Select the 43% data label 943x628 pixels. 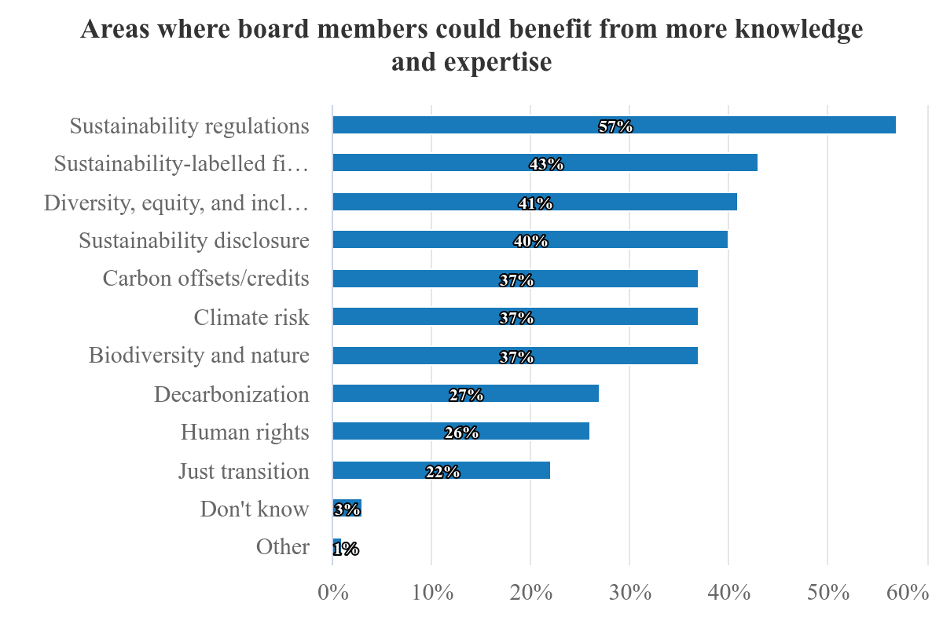click(x=546, y=164)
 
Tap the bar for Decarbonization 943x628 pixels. click(x=534, y=393)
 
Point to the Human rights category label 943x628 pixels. click(x=244, y=433)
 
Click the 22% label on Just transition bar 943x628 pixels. click(x=442, y=472)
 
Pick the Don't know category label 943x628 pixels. click(x=255, y=509)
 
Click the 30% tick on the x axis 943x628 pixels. click(x=629, y=593)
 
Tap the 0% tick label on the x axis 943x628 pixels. click(x=333, y=593)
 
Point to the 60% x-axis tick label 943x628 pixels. click(x=908, y=593)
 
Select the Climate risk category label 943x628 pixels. click(x=251, y=317)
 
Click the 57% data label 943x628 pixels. click(x=615, y=126)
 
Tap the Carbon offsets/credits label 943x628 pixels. click(x=206, y=279)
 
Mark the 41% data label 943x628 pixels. click(x=535, y=203)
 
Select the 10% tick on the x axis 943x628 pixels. click(x=431, y=593)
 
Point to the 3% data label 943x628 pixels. click(x=347, y=509)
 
